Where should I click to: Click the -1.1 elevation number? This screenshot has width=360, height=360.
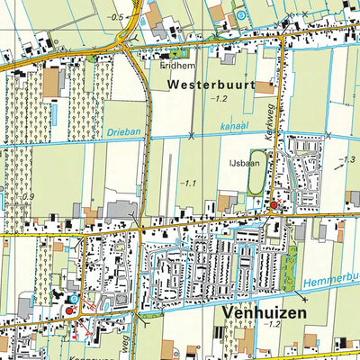pos(186,184)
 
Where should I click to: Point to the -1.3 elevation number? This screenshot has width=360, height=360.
pos(344,160)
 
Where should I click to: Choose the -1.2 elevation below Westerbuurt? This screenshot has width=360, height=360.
pos(219,99)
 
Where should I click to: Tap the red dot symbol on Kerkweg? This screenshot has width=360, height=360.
pos(274,206)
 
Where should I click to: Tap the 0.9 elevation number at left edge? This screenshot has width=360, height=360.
pos(29,197)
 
